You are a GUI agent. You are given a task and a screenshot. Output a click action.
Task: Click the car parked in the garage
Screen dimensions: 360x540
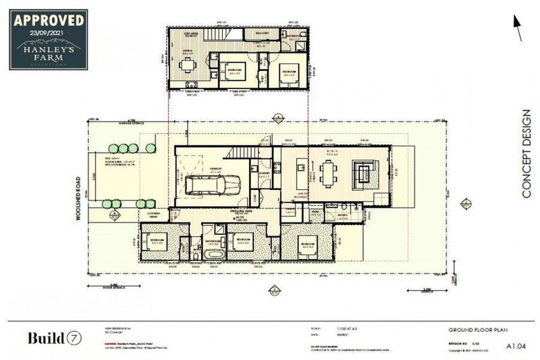point(212,184)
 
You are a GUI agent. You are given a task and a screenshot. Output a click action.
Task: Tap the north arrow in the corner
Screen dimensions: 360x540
point(518,29)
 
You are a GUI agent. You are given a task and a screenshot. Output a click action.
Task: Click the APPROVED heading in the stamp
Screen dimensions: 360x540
point(49,19)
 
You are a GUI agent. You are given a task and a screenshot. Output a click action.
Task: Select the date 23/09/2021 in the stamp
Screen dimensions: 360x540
point(49,32)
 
